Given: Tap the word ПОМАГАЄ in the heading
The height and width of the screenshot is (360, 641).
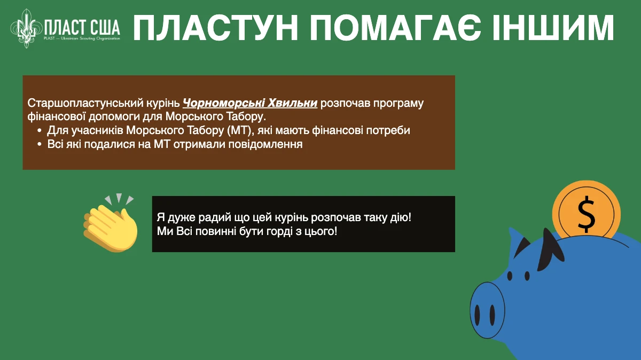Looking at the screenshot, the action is click(x=396, y=28).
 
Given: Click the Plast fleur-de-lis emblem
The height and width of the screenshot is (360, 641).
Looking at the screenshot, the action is click(x=26, y=28).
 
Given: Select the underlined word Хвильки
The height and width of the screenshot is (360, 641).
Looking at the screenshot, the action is click(x=293, y=103).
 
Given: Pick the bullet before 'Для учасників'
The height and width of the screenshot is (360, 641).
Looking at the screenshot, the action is click(x=40, y=131).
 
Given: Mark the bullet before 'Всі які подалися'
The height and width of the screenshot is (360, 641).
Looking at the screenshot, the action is click(x=40, y=144).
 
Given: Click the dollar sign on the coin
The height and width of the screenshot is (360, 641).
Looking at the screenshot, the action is click(x=586, y=214).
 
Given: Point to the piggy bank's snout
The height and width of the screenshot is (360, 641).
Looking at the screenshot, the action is click(x=487, y=310).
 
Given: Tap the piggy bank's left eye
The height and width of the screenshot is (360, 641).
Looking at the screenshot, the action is click(x=510, y=276).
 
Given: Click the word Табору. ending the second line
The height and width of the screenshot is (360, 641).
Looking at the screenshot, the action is click(x=246, y=117).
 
